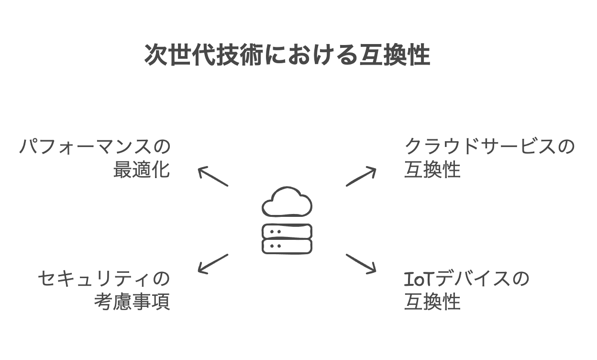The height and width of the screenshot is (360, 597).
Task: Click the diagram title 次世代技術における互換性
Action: tap(287, 56)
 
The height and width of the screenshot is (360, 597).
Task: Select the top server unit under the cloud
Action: tap(287, 231)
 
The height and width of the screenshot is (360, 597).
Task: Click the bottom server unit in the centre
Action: tap(287, 246)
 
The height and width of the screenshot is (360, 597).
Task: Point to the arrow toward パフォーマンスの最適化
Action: tap(213, 176)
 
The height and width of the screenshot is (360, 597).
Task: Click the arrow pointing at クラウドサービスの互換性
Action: tap(361, 177)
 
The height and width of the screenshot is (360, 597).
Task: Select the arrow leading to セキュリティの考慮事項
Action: tap(213, 264)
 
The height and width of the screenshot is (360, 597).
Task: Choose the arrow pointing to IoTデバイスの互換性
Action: tap(361, 264)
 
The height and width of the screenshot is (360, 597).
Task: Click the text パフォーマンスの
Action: tap(95, 147)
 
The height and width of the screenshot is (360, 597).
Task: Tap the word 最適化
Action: tap(142, 170)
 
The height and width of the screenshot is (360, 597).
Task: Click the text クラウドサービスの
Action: tap(489, 147)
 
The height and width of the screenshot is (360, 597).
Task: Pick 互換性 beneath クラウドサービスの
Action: tap(432, 170)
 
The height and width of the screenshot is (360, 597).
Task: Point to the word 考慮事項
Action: tap(132, 303)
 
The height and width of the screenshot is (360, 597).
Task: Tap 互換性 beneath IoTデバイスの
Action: tap(432, 303)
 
